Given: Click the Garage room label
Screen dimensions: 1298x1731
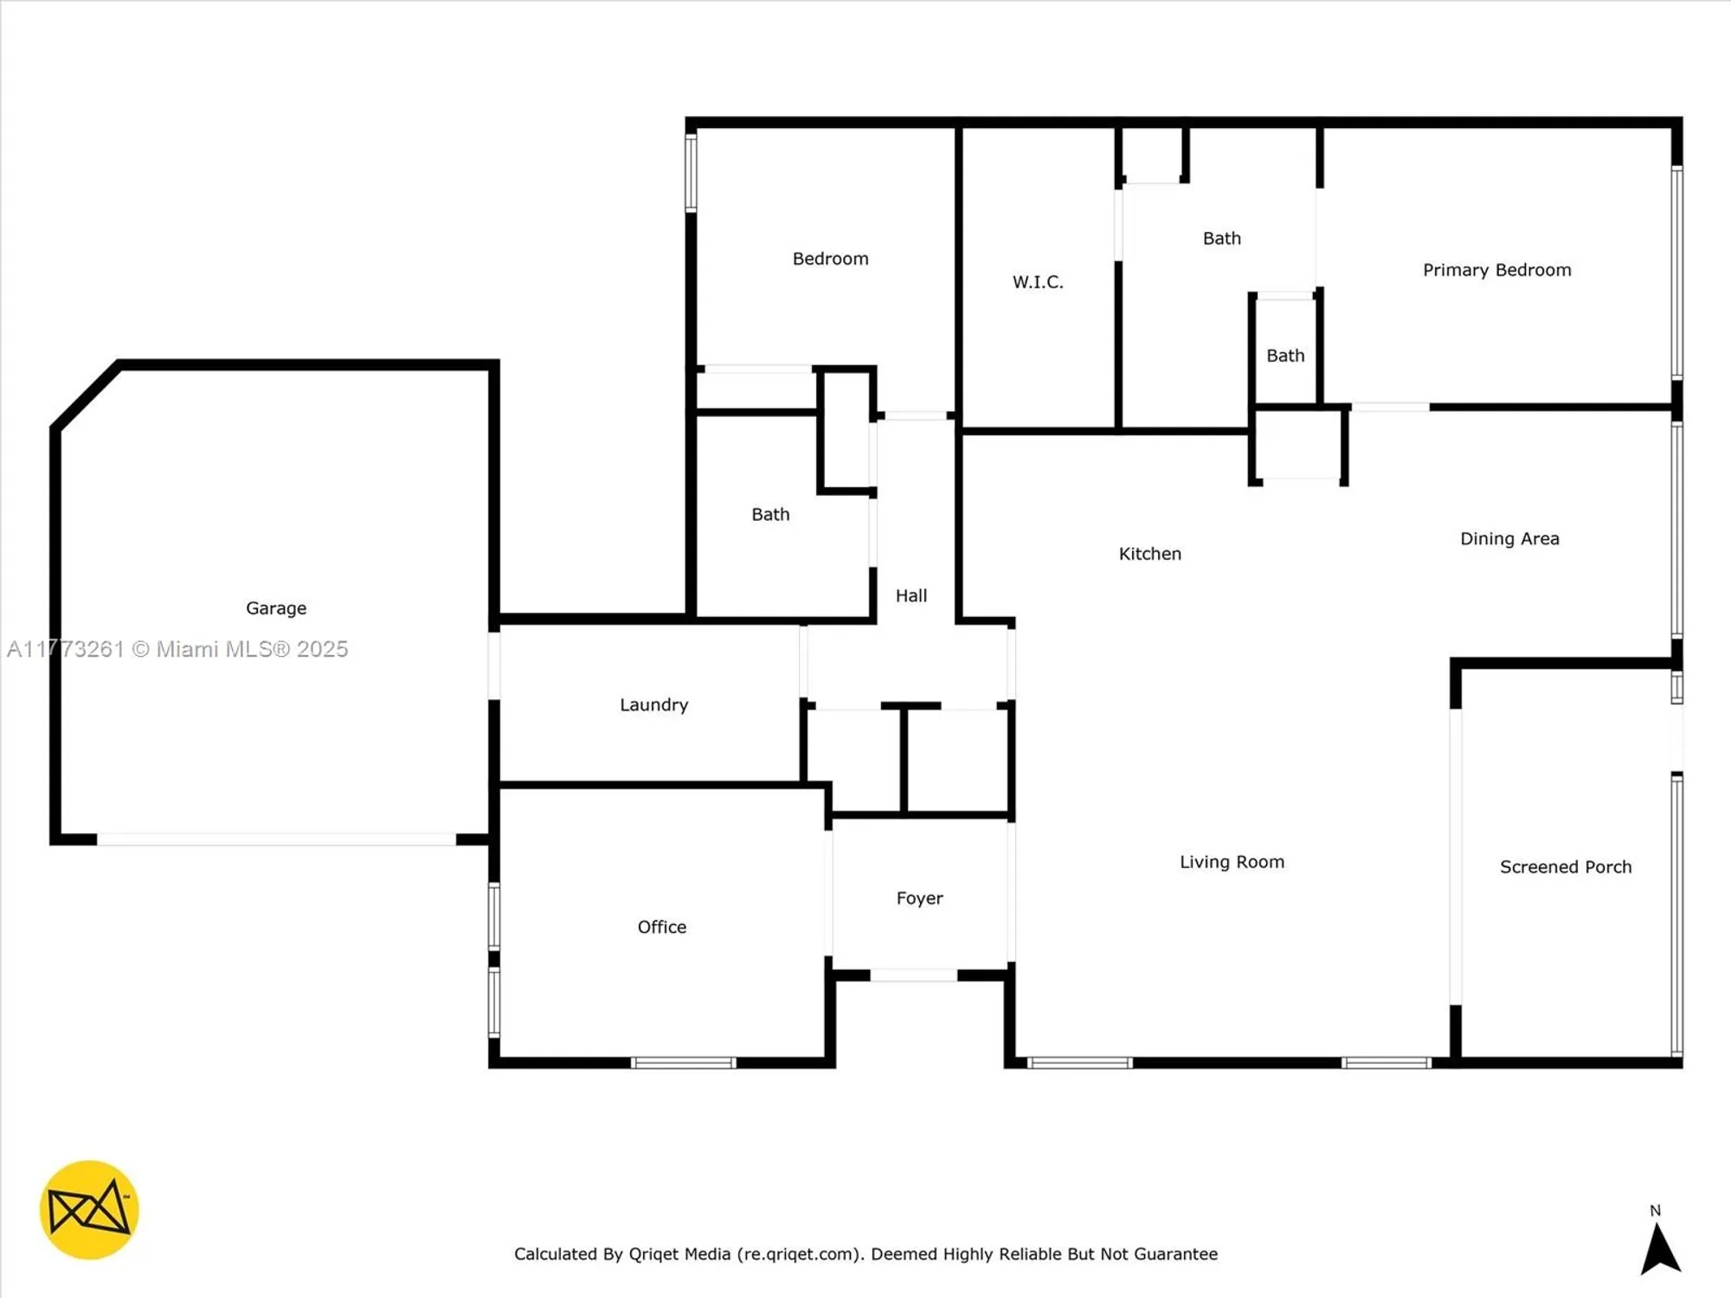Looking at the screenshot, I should (x=276, y=608).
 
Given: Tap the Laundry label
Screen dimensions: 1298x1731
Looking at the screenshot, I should (x=653, y=704).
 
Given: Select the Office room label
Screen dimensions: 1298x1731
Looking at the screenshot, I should (x=661, y=927).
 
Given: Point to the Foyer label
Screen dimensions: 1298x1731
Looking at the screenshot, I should (x=919, y=898).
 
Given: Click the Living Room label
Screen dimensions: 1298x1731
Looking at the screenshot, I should (x=1232, y=862).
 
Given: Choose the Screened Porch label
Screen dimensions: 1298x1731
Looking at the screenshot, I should (x=1565, y=867).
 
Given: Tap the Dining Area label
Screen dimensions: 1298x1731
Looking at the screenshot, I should (x=1509, y=539).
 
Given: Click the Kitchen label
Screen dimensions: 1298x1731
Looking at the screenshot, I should (x=1149, y=554).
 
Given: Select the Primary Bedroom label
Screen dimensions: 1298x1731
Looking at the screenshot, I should (x=1496, y=270).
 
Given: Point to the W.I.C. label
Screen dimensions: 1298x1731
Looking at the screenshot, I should (x=1038, y=282).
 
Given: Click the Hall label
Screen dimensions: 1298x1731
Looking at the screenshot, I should (x=911, y=595).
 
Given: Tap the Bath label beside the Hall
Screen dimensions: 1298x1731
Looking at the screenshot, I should (x=770, y=515).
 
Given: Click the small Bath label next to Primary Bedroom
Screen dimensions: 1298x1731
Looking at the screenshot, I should (x=1285, y=356).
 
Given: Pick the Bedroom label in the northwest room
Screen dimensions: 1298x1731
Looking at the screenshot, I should (x=830, y=259).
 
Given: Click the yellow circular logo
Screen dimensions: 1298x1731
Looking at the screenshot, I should (x=89, y=1210).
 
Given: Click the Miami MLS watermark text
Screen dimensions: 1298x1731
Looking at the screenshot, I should (x=177, y=649).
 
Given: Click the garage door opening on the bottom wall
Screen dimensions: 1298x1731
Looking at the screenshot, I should (x=275, y=839).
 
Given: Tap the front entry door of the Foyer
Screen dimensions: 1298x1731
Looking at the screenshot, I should (x=913, y=975).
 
